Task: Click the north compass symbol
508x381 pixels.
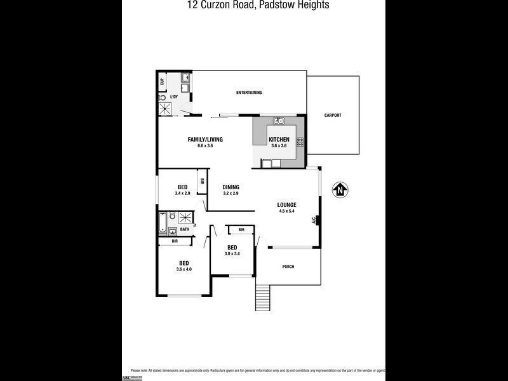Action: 341,189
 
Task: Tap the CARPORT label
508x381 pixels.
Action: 333,115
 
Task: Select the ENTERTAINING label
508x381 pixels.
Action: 249,93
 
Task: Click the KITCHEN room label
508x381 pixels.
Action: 279,140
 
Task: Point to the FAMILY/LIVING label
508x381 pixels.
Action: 205,140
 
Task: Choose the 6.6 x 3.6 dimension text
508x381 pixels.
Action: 205,146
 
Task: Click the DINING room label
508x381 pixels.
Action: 231,187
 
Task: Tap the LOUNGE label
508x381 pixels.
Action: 287,204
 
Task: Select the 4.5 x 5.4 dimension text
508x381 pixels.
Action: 287,211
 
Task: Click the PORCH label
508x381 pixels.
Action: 288,266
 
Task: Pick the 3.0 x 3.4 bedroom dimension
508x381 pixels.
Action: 232,254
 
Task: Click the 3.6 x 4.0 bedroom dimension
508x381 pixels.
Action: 184,269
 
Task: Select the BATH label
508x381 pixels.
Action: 185,229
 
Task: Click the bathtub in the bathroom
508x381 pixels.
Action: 163,223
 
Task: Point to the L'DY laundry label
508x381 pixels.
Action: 173,97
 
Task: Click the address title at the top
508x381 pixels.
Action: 254,5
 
